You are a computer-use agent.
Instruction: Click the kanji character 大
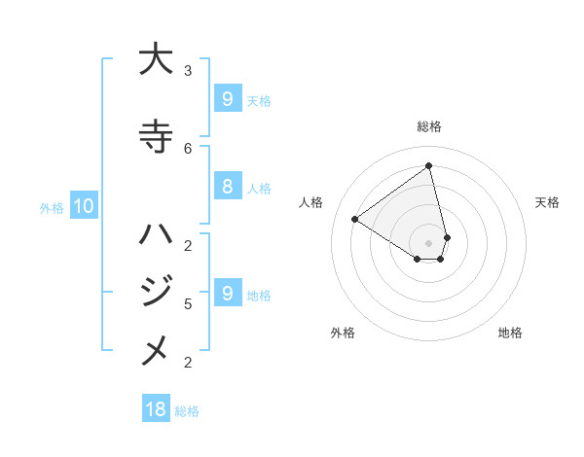156,59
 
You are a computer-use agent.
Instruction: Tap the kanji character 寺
156,136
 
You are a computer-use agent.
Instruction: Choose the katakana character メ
156,351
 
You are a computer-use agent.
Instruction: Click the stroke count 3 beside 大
188,71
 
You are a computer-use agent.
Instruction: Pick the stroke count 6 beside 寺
188,148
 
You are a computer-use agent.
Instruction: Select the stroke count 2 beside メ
188,363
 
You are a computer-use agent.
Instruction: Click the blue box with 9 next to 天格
227,98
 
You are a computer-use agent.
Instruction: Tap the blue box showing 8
227,187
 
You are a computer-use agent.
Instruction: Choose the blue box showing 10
83,205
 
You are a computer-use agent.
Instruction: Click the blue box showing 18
156,409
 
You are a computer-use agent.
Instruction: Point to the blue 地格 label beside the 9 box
260,295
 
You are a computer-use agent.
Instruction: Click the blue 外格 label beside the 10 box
51,207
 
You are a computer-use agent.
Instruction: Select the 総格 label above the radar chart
429,126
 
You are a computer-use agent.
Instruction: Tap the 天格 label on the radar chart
547,202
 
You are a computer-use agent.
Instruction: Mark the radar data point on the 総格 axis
429,165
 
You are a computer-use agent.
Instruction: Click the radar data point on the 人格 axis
355,219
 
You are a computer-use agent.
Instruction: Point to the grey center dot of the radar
429,242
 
